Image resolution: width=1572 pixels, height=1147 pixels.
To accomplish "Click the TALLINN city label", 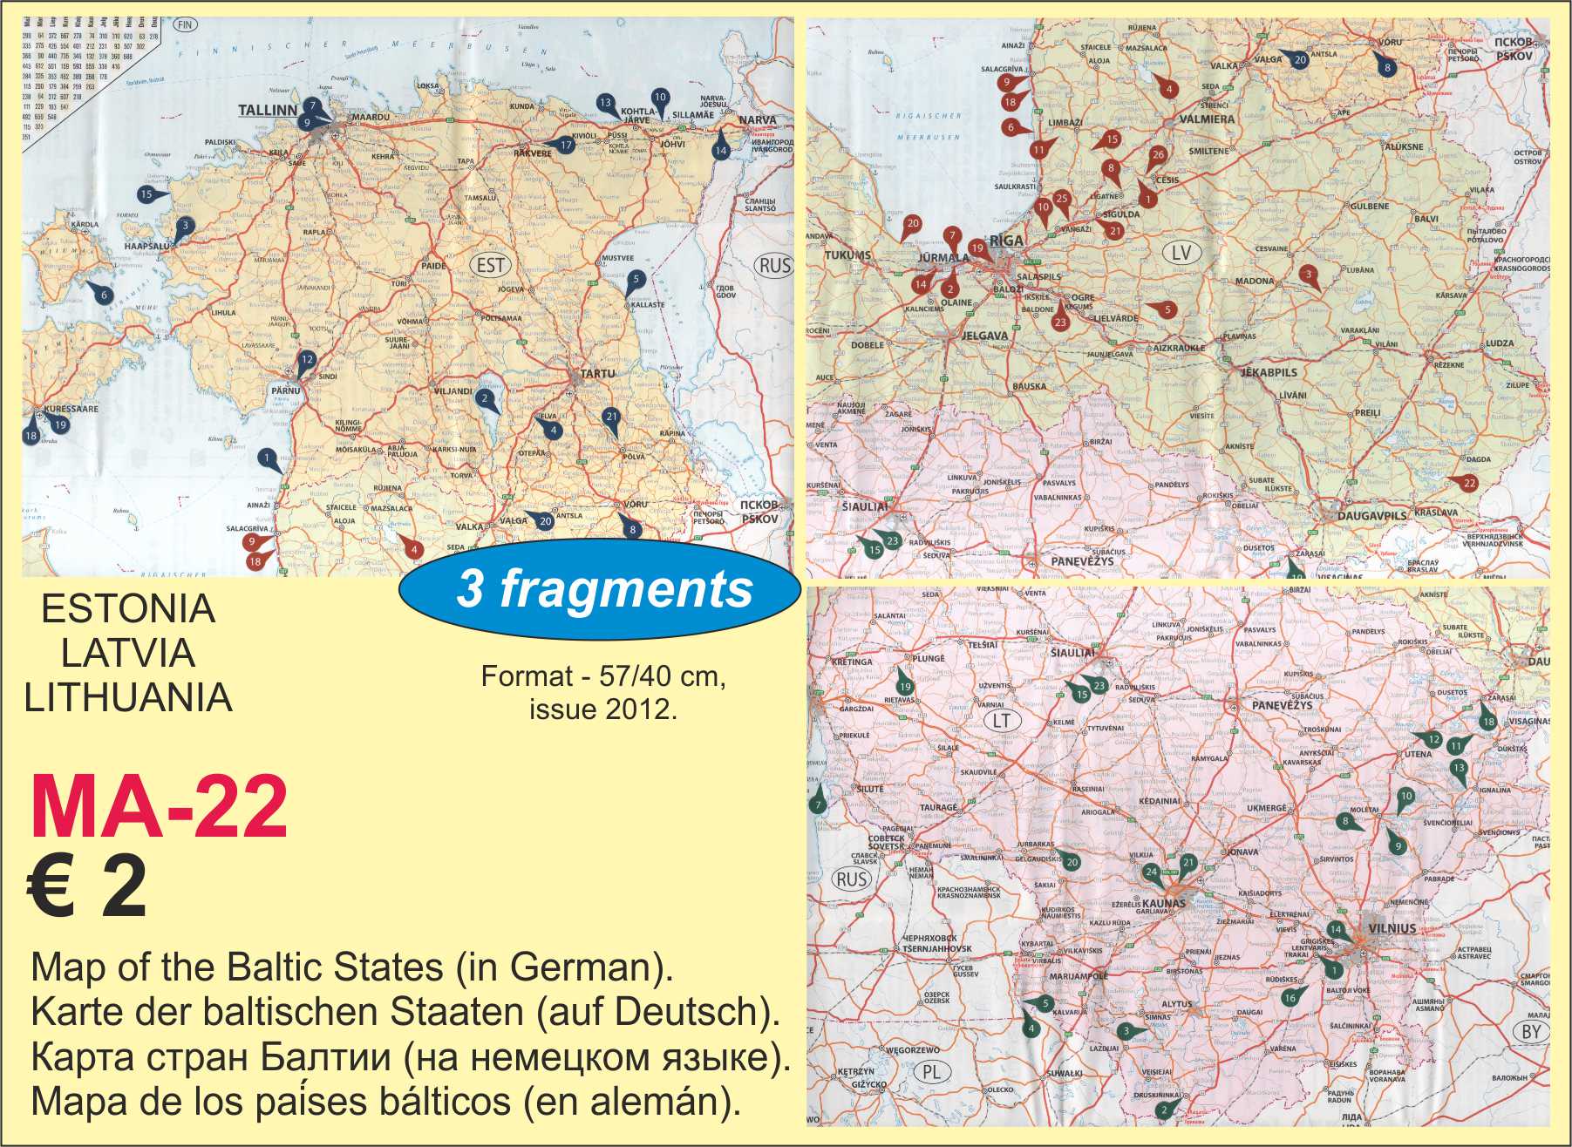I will coord(268,111).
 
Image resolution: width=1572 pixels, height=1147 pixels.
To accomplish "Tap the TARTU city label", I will coord(597,373).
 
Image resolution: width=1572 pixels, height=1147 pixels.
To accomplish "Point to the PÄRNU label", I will coord(285,390).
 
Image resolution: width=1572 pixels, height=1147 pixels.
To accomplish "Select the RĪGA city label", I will coord(1006,241).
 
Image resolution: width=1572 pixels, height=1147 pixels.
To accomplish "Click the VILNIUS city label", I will coord(1392,928).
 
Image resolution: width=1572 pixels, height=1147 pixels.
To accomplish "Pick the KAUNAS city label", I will coord(1163,904).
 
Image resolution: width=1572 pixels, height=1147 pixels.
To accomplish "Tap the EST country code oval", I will coord(491,265).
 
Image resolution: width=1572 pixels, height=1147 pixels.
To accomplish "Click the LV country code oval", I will coord(1181,253).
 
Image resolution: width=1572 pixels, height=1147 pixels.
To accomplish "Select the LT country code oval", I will coord(1001,721).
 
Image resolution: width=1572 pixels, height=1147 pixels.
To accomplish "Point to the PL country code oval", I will coord(931,1072).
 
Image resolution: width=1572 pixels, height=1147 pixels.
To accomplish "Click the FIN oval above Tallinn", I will coord(184,25).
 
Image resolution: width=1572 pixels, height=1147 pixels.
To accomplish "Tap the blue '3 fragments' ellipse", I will coord(600,589).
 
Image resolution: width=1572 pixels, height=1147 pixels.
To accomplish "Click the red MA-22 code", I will coord(159,807).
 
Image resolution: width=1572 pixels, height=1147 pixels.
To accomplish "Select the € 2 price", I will coord(87,886).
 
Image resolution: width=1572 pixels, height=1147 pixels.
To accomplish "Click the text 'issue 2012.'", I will coord(602,709).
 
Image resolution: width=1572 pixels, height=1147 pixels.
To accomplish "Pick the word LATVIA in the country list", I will coord(128,653).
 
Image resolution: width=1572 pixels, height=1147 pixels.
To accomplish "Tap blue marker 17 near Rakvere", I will coord(566,146).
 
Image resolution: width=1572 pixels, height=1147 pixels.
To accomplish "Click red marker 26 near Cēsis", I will coord(1158,155).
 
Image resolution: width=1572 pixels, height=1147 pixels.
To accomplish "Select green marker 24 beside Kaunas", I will coord(1151,872).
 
